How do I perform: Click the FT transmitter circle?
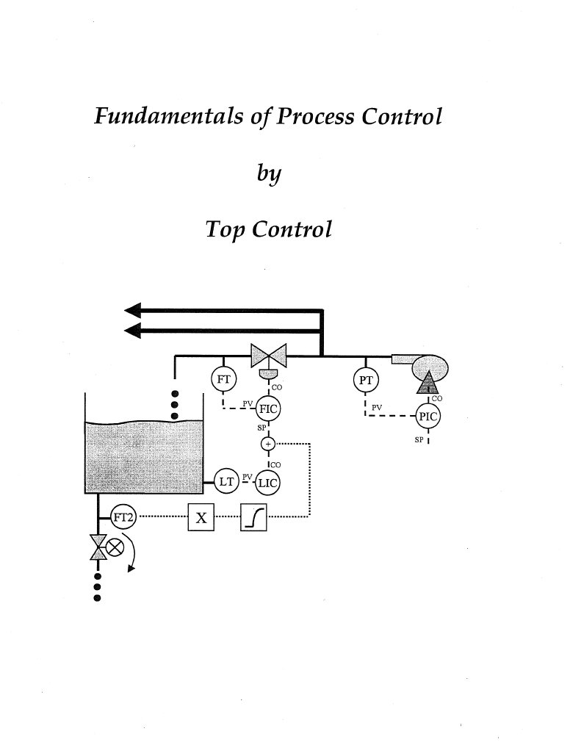click(x=223, y=379)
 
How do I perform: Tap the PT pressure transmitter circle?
click(x=366, y=380)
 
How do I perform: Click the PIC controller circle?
click(x=427, y=417)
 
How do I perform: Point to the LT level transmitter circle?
click(x=227, y=481)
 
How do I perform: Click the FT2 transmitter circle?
click(x=121, y=517)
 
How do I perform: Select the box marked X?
click(x=202, y=518)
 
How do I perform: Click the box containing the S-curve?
click(x=254, y=518)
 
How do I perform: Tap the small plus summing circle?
click(x=268, y=444)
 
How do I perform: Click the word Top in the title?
click(x=225, y=229)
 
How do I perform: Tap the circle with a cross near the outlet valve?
click(x=115, y=547)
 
